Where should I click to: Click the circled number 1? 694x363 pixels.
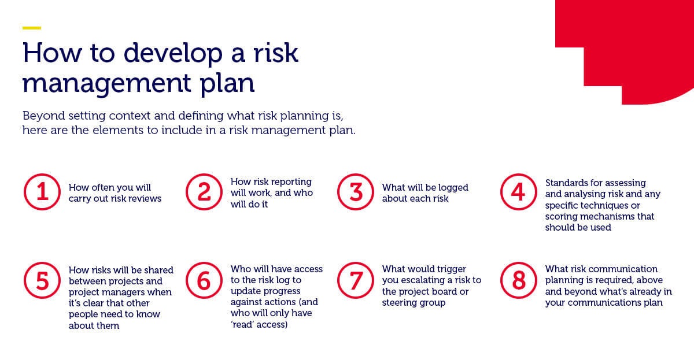[42, 192]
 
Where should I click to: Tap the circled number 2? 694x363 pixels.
[204, 192]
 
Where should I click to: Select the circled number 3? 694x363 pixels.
[356, 192]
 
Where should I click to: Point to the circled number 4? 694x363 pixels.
[519, 192]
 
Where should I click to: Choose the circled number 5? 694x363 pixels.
[42, 280]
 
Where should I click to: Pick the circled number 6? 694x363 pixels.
[204, 280]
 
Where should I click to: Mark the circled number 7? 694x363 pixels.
[356, 280]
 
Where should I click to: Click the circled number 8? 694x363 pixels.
[519, 280]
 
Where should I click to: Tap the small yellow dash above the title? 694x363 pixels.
[32, 28]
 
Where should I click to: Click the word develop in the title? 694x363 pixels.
[173, 54]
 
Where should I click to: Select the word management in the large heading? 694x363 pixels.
[106, 84]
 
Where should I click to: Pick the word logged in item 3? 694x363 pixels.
[453, 188]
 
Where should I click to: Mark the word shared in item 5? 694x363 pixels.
[159, 270]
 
